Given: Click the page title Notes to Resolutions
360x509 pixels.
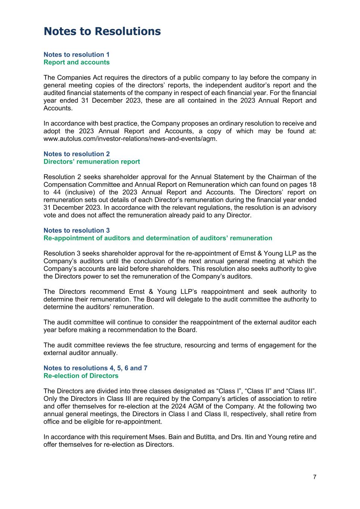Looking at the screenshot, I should (x=102, y=31).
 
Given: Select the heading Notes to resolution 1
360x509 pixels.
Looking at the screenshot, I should (x=76, y=54).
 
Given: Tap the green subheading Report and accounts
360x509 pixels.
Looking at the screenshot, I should (x=76, y=62).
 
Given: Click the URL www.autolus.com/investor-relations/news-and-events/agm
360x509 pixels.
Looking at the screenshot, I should (x=130, y=139).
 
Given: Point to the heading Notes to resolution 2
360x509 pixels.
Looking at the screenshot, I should (x=76, y=154).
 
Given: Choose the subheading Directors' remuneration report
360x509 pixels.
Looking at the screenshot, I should (x=92, y=161).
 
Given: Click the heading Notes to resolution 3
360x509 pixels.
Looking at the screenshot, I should (x=76, y=230).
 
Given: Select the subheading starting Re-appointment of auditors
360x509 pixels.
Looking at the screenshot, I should (x=158, y=238).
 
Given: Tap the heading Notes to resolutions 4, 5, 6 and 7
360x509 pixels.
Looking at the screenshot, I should (x=96, y=368).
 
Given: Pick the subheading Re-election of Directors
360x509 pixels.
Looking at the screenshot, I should (x=81, y=376).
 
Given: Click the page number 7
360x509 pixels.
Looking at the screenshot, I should (x=314, y=477).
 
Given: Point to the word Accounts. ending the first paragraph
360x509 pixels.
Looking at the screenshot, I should (x=58, y=108).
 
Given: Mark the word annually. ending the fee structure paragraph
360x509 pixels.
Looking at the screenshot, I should (x=105, y=353).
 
